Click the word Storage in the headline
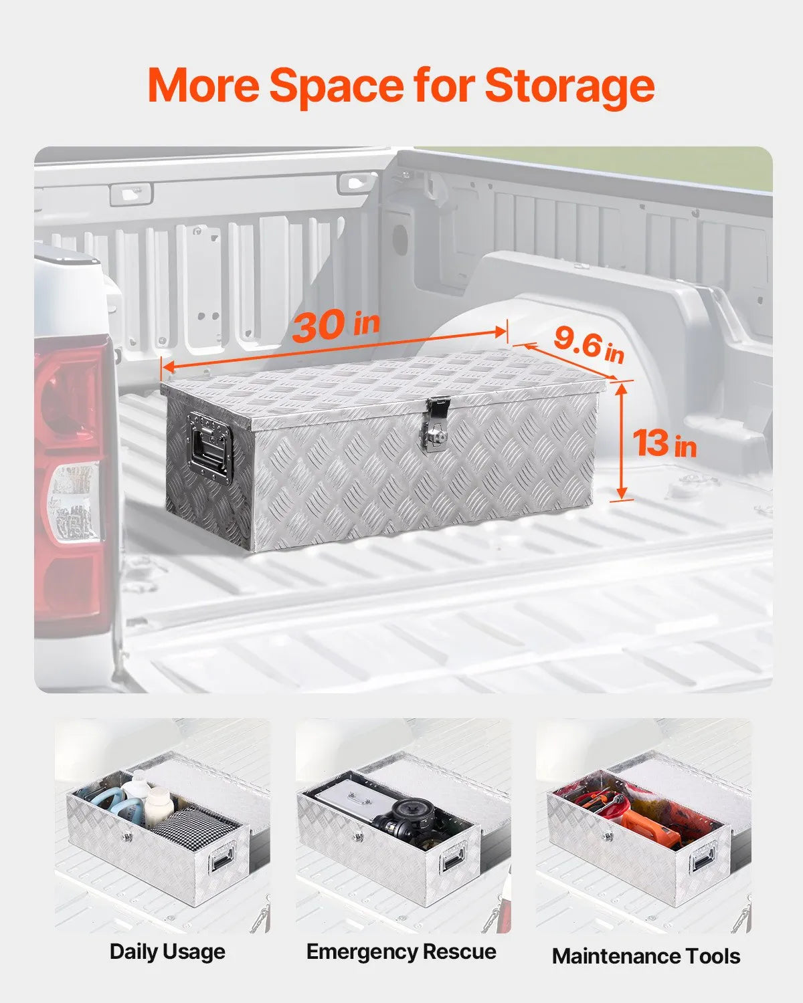(x=569, y=87)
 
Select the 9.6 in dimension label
(x=590, y=345)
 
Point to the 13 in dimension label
(x=664, y=443)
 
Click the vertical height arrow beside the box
(x=621, y=441)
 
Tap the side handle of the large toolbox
(x=210, y=447)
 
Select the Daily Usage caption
(x=167, y=952)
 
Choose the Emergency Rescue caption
(x=401, y=951)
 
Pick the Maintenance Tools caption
(x=646, y=956)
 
